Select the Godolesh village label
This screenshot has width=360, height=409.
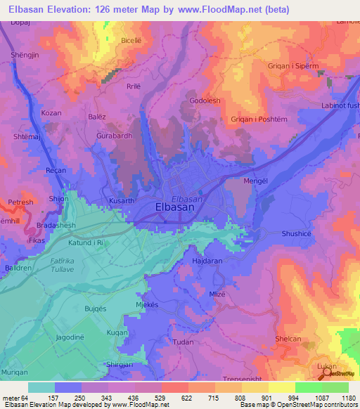click(205, 100)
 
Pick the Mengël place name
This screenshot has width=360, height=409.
click(255, 181)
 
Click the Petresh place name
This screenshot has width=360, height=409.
click(20, 202)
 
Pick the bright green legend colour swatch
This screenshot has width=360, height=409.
click(308, 387)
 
